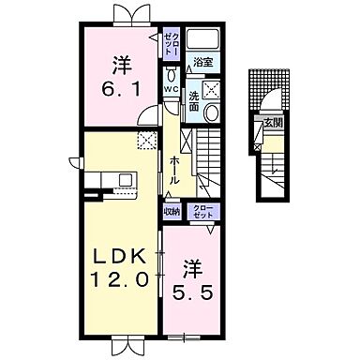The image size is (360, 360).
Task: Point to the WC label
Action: pos(171,90)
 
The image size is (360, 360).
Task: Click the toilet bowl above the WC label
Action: pos(171,72)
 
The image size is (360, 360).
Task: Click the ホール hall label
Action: pos(174,170)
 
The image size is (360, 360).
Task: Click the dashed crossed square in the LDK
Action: pos(146,140)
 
